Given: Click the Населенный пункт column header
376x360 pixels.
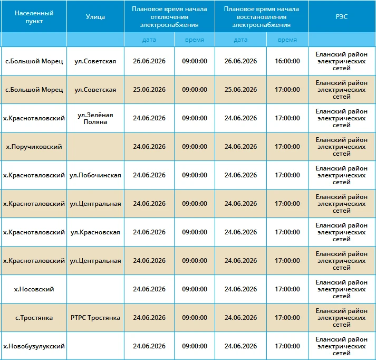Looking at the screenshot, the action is tap(34, 17).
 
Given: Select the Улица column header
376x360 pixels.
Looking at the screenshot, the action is tap(95, 17).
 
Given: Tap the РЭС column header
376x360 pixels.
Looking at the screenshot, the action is tap(342, 16).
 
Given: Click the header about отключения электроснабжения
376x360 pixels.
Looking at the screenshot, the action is tap(169, 17).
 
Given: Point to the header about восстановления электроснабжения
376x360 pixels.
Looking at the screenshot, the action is tap(262, 17).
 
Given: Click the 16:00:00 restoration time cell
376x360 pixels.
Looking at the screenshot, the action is tap(287, 61).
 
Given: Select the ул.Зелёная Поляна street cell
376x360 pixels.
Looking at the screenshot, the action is tap(95, 118).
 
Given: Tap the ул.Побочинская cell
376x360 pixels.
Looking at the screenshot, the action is tap(95, 175).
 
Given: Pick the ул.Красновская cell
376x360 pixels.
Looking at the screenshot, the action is tap(95, 232).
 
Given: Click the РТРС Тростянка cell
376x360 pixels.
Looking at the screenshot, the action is tap(95, 318).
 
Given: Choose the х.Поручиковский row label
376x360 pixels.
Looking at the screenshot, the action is tap(34, 147).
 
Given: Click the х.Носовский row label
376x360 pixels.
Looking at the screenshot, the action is tap(34, 289).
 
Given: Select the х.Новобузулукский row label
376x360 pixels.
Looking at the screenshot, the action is tap(34, 346).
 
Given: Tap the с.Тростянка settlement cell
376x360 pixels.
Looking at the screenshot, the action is tap(34, 318).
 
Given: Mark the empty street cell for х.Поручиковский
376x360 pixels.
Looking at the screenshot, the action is tap(95, 146).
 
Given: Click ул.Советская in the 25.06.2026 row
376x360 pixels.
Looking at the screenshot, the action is tap(95, 90).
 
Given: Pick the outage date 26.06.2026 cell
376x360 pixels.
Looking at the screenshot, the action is tap(149, 61).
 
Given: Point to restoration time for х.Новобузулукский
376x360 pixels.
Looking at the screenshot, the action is tap(287, 346).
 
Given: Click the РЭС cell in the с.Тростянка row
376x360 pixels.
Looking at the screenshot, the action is tap(342, 318).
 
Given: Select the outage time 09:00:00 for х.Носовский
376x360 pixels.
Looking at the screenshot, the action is tap(195, 289).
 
